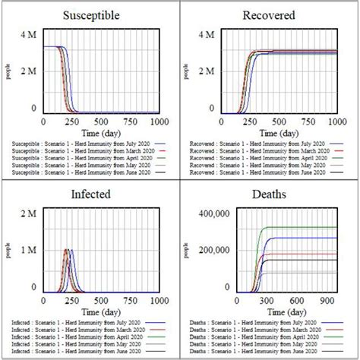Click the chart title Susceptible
pos(90,15)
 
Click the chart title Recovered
pos(269,15)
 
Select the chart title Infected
pos(90,194)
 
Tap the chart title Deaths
pos(269,194)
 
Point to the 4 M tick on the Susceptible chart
pos(27,35)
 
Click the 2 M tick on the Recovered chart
pos(206,72)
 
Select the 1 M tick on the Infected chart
pos(27,251)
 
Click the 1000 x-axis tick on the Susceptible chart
pos(160,122)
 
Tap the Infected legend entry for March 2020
pos(73,329)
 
